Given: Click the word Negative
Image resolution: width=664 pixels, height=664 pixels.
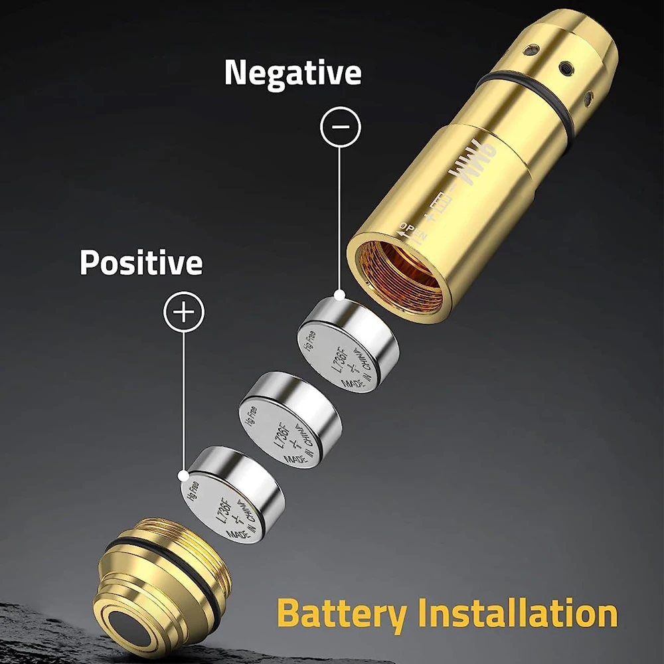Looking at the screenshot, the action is [293, 73].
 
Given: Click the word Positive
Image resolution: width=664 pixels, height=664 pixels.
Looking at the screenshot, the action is [141, 263].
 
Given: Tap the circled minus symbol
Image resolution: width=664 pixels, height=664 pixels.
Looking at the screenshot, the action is [340, 126].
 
